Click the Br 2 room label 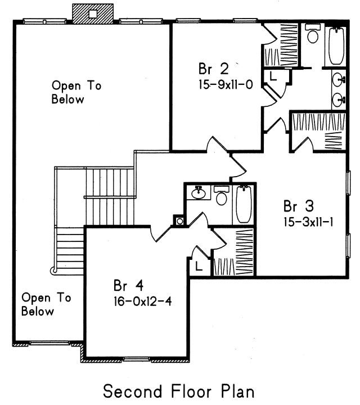(214, 69)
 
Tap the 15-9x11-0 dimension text (226, 84)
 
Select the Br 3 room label (299, 206)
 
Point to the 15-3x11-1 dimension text (309, 222)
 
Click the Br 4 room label (128, 285)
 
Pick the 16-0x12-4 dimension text (142, 301)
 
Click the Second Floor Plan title (179, 391)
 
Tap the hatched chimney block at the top (93, 14)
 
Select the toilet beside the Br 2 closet (313, 33)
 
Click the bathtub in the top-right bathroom (336, 46)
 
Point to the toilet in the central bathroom (222, 195)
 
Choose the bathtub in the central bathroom (244, 204)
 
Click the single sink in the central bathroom (199, 193)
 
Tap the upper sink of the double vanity (339, 79)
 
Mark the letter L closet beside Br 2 (273, 76)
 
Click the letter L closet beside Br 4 (199, 266)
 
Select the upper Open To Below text (76, 92)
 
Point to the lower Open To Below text (46, 304)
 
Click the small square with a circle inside (180, 221)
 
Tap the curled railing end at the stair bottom (53, 271)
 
